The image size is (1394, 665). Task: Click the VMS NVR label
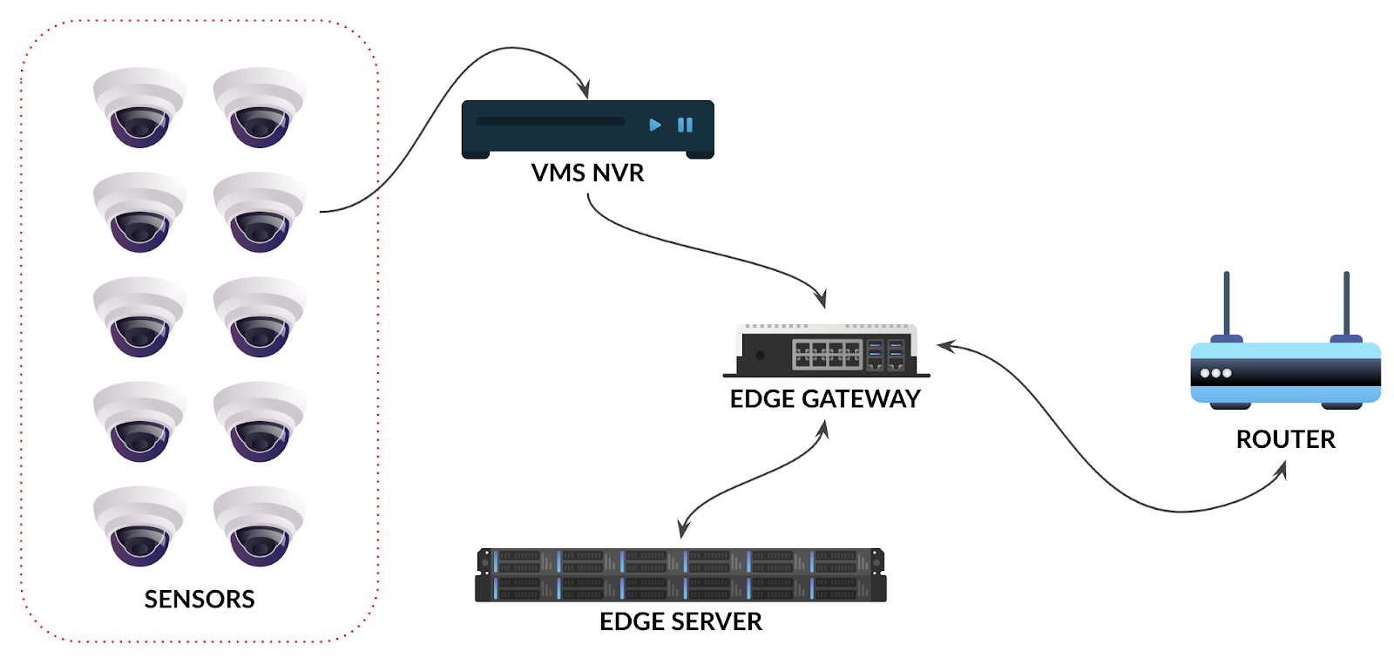click(x=587, y=173)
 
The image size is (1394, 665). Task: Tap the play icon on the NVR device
click(x=655, y=125)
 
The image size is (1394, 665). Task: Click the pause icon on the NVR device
click(x=685, y=125)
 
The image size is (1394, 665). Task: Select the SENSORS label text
click(x=200, y=599)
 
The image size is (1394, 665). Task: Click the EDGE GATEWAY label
click(x=824, y=398)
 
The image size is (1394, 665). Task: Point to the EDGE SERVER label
click(x=680, y=621)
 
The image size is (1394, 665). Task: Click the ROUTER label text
click(x=1285, y=438)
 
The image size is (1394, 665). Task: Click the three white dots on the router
click(x=1215, y=373)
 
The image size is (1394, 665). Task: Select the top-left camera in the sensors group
click(x=139, y=107)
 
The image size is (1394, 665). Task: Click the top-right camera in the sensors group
click(x=260, y=107)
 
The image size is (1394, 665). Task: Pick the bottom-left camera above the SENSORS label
click(x=139, y=526)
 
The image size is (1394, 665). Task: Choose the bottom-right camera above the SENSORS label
click(x=260, y=526)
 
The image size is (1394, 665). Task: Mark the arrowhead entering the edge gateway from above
click(x=821, y=298)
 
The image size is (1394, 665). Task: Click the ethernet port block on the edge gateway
click(x=827, y=354)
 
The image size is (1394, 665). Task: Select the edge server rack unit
click(x=680, y=575)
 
